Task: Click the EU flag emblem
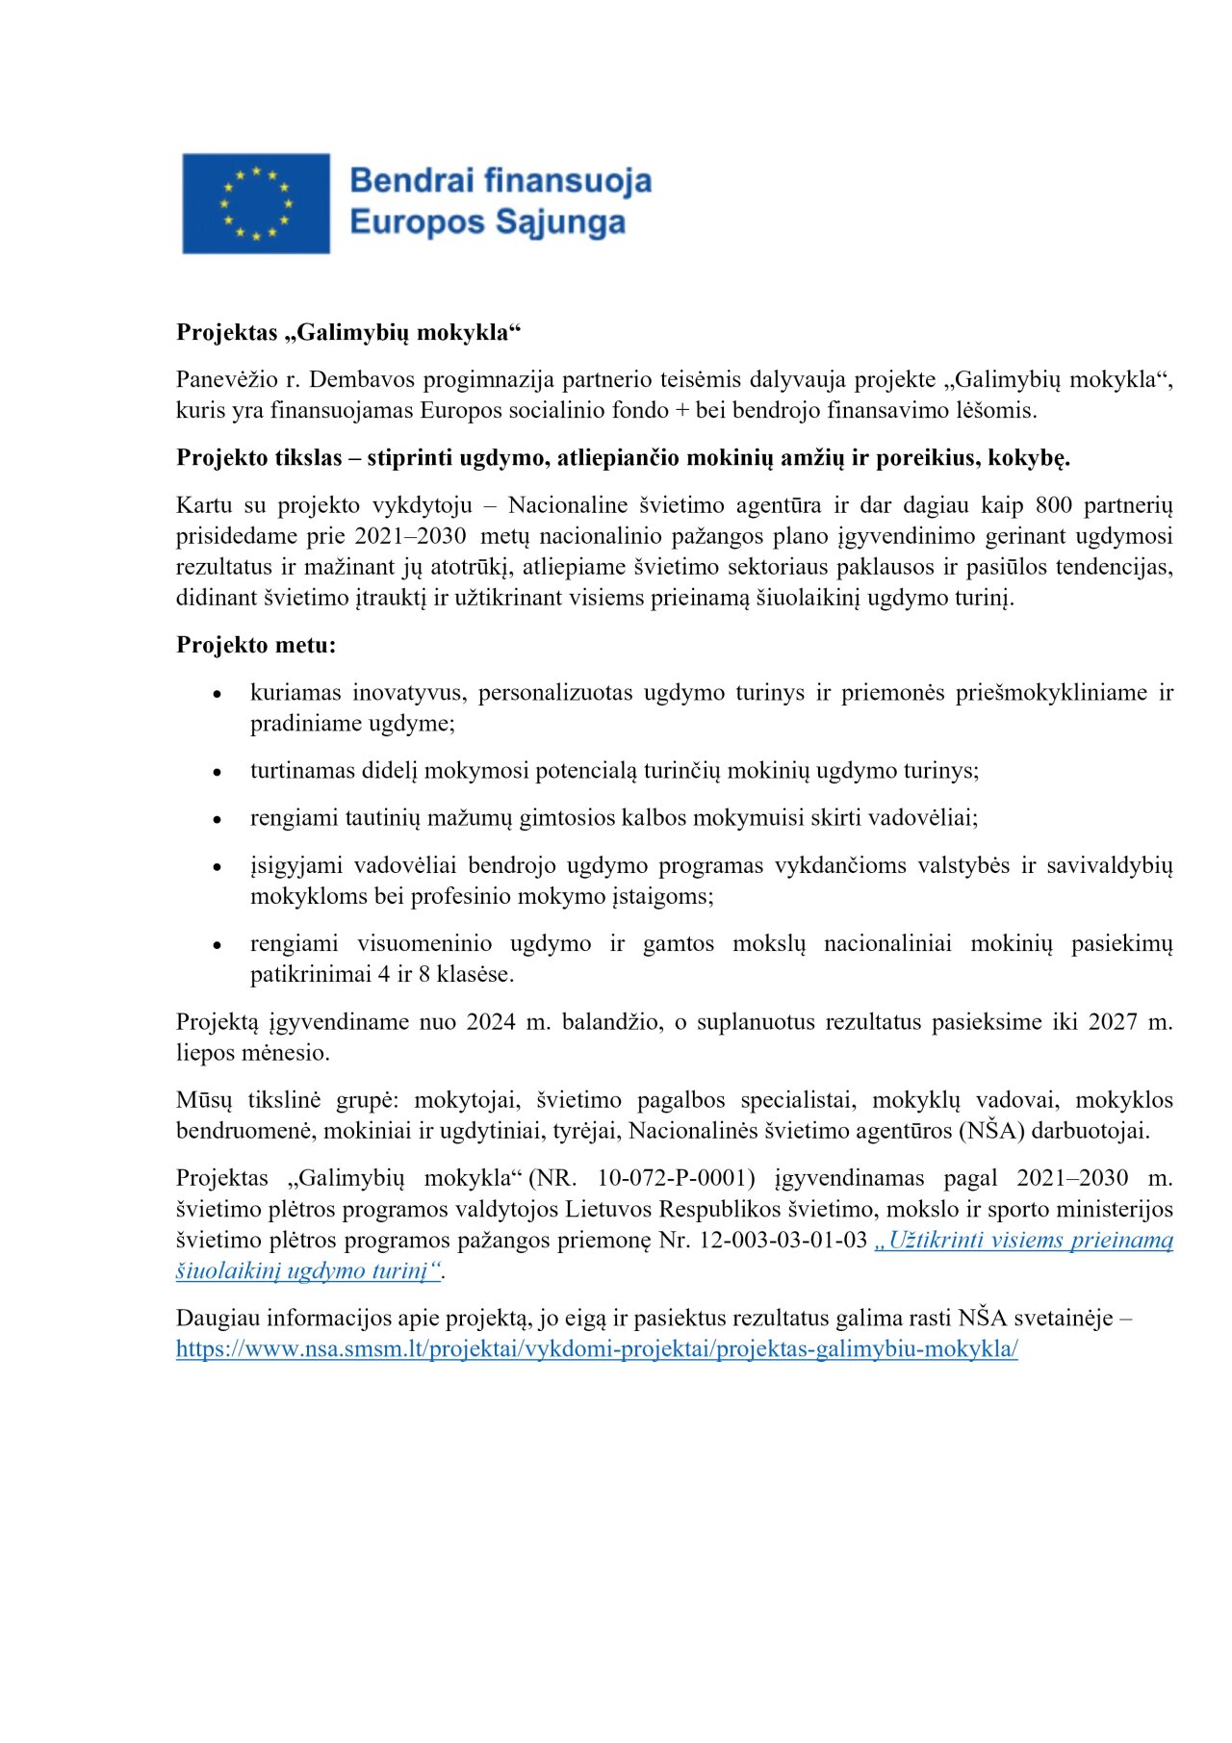pyautogui.click(x=256, y=203)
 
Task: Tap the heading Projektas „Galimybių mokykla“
pyautogui.click(x=348, y=332)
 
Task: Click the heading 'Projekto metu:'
pyautogui.click(x=256, y=645)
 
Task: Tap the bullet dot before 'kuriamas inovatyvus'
pyautogui.click(x=218, y=694)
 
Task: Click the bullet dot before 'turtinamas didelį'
pyautogui.click(x=218, y=772)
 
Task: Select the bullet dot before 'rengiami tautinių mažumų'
pyautogui.click(x=218, y=819)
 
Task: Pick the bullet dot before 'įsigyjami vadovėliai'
pyautogui.click(x=218, y=867)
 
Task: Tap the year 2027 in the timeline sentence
pyautogui.click(x=1113, y=1021)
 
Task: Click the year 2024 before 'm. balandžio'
pyautogui.click(x=491, y=1021)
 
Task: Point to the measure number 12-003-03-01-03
pyautogui.click(x=783, y=1240)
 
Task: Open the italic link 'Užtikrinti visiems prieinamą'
pyautogui.click(x=1024, y=1240)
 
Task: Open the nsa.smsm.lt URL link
pyautogui.click(x=597, y=1348)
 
